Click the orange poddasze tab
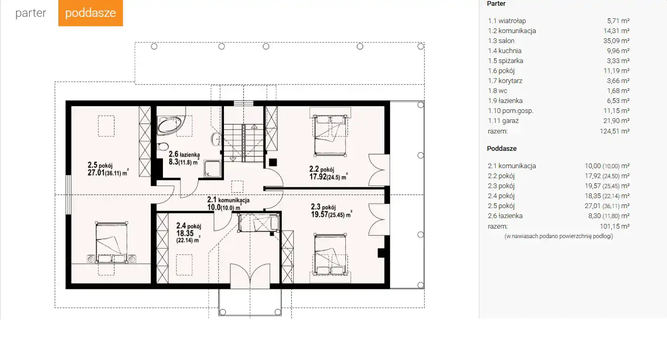click(90, 13)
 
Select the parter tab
click(30, 13)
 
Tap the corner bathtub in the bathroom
click(169, 126)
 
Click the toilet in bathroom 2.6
click(162, 146)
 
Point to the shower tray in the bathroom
click(212, 169)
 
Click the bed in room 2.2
click(330, 135)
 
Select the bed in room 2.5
click(111, 243)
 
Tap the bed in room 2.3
click(330, 254)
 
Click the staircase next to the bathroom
click(243, 143)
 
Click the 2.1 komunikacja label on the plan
click(229, 203)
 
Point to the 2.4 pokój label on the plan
click(188, 233)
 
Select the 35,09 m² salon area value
click(618, 41)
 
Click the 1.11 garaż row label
click(503, 121)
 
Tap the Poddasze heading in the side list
click(502, 149)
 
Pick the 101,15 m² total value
click(614, 227)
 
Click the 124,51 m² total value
click(614, 131)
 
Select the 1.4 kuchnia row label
click(505, 51)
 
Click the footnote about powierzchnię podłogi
click(559, 236)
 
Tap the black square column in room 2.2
click(273, 162)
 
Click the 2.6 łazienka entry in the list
click(505, 216)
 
